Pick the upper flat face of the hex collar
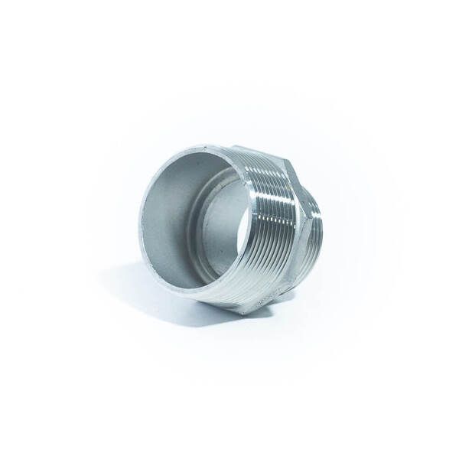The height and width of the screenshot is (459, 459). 291,172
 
